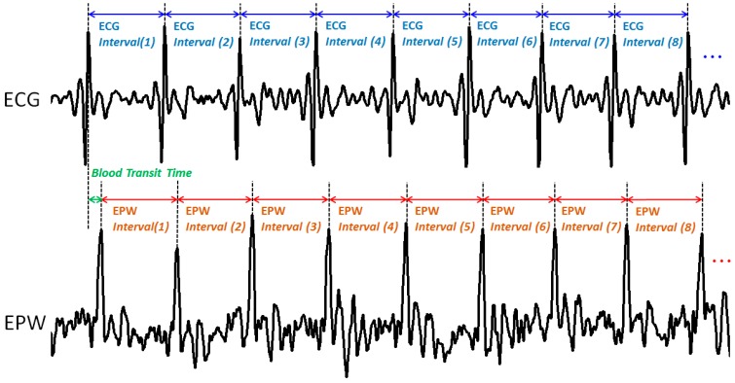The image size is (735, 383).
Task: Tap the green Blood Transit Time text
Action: coord(142,173)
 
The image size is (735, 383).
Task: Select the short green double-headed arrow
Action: coord(94,199)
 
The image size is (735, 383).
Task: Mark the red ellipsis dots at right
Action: coord(720,261)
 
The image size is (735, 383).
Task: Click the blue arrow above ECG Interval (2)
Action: coord(202,17)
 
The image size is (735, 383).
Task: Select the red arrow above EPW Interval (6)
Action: coord(518,199)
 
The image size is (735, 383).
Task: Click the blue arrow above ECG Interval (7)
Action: coord(578,17)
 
